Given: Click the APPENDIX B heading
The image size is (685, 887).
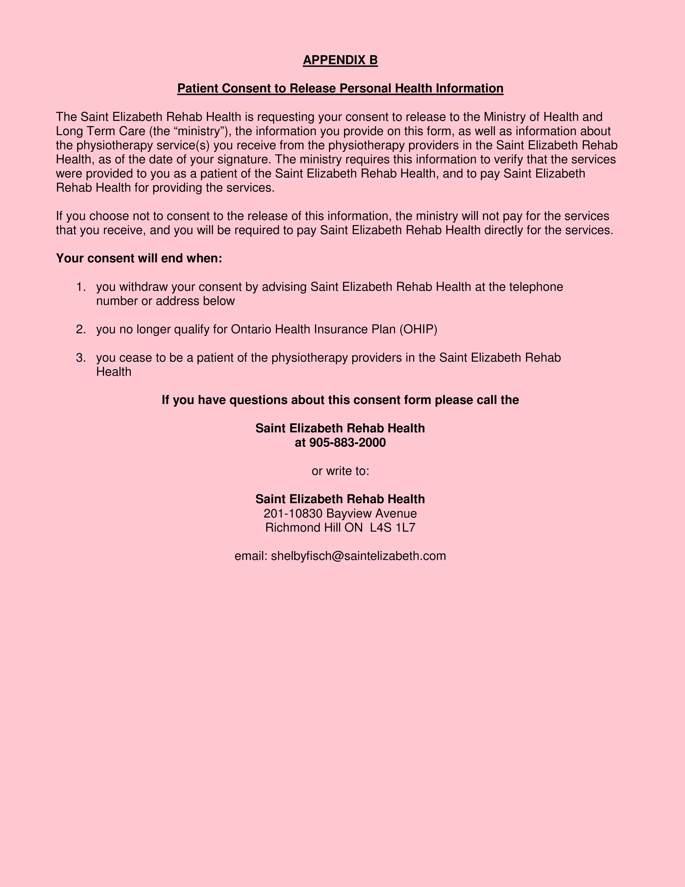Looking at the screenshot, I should (340, 60).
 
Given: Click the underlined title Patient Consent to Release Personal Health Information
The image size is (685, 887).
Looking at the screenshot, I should (340, 88).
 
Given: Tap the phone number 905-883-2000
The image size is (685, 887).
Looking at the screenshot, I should (347, 442).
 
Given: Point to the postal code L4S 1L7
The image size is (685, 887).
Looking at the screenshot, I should (393, 528).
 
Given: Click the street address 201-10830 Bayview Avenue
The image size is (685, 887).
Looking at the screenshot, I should (340, 513).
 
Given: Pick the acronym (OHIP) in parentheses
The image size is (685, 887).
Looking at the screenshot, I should (418, 329).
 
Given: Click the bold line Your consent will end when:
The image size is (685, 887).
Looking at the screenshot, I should (139, 258).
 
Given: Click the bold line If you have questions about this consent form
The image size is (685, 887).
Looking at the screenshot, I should (340, 400).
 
